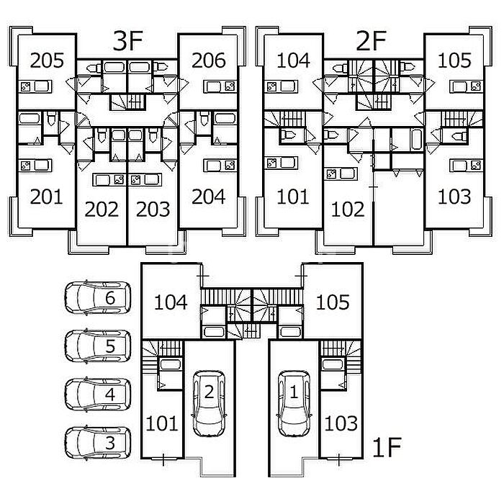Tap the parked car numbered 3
click(99, 442)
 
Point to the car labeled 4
click(99, 394)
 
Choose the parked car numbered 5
click(99, 346)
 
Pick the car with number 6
click(99, 297)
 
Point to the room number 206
click(210, 60)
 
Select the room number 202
click(102, 210)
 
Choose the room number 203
click(153, 210)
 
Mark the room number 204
click(210, 197)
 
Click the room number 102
click(348, 210)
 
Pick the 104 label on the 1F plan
click(171, 302)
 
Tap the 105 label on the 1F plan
click(332, 302)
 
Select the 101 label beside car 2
click(161, 423)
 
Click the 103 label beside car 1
click(341, 423)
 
